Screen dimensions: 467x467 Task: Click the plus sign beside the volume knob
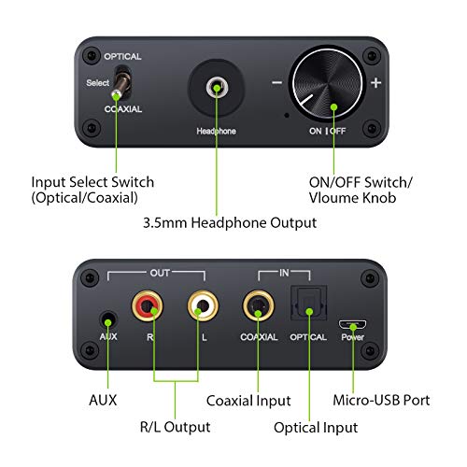pyautogui.click(x=376, y=82)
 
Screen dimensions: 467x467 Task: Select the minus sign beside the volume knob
pyautogui.click(x=277, y=82)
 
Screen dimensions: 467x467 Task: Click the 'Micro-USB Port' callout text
pyautogui.click(x=382, y=399)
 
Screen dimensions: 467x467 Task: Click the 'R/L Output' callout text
pyautogui.click(x=176, y=427)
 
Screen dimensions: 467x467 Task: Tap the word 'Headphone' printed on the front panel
pyautogui.click(x=216, y=132)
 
